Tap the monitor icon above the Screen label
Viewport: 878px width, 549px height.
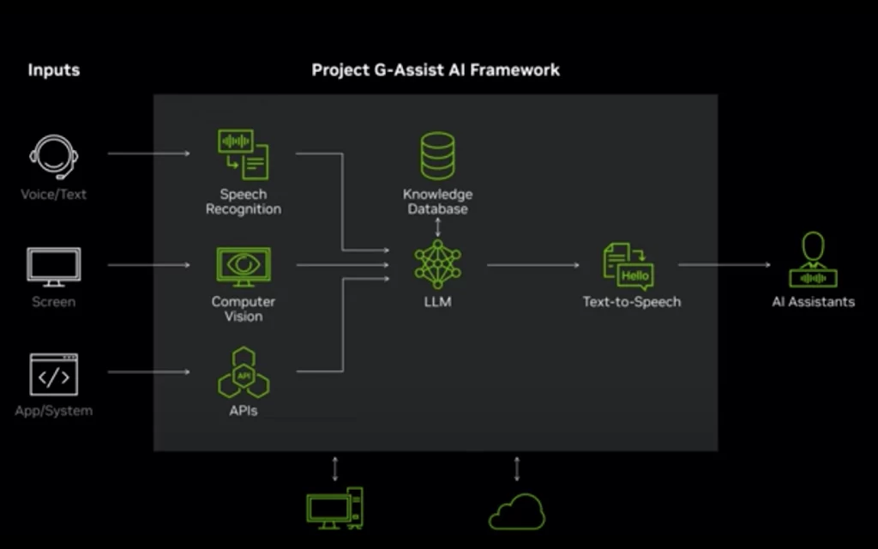(54, 267)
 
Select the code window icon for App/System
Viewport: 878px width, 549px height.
(54, 375)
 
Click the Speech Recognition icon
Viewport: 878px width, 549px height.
(243, 154)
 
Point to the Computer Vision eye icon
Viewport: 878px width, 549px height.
(243, 267)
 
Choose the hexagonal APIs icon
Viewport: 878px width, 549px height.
(243, 372)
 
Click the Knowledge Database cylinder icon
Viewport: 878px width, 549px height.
(437, 155)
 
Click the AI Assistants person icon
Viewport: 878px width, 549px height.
(813, 260)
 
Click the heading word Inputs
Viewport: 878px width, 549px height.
(53, 70)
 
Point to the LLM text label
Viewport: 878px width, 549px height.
(437, 302)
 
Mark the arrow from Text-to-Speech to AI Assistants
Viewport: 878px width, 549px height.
(725, 265)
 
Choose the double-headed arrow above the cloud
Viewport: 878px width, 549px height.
(517, 468)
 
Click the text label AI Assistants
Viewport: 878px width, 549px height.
(813, 302)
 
